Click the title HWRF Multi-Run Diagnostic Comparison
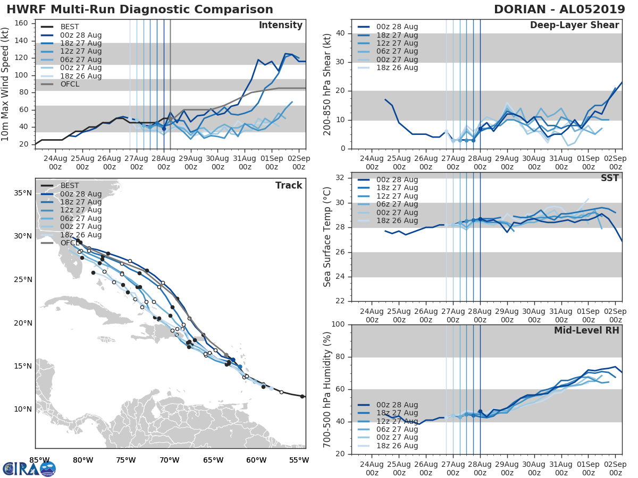click(x=140, y=10)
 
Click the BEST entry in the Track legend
click(x=70, y=185)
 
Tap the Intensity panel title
click(x=280, y=25)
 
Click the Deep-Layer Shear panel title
click(x=574, y=25)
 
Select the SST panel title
click(x=609, y=178)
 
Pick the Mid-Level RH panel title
click(x=586, y=331)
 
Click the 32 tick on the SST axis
click(x=340, y=177)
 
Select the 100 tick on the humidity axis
click(x=338, y=325)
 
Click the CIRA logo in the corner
click(x=29, y=468)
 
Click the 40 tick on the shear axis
click(x=340, y=33)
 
